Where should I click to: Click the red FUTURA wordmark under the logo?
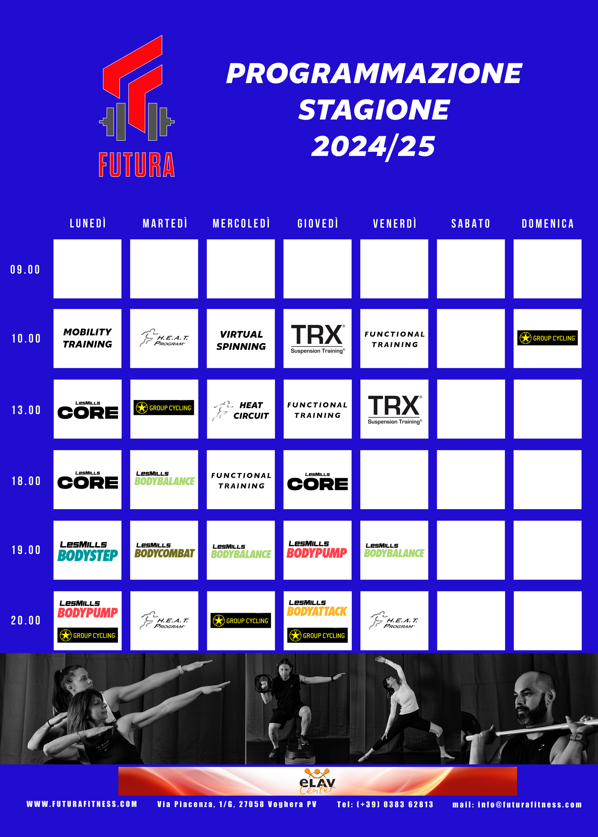[137, 165]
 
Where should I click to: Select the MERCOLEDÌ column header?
[241, 223]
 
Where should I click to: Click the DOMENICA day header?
[547, 224]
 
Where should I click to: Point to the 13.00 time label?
[26, 410]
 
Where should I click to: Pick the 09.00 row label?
[25, 269]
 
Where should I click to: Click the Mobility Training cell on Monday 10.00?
[88, 338]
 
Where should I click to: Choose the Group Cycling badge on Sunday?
[547, 338]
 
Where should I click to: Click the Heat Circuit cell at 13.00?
[241, 409]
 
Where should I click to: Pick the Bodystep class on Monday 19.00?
[88, 551]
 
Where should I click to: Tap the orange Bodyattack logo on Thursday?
[317, 608]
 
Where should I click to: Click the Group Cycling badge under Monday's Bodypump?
[88, 635]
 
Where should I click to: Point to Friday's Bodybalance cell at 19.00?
[394, 550]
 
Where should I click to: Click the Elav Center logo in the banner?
[317, 781]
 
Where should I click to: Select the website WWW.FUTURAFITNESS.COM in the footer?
[82, 804]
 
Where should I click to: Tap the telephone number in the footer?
[385, 804]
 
